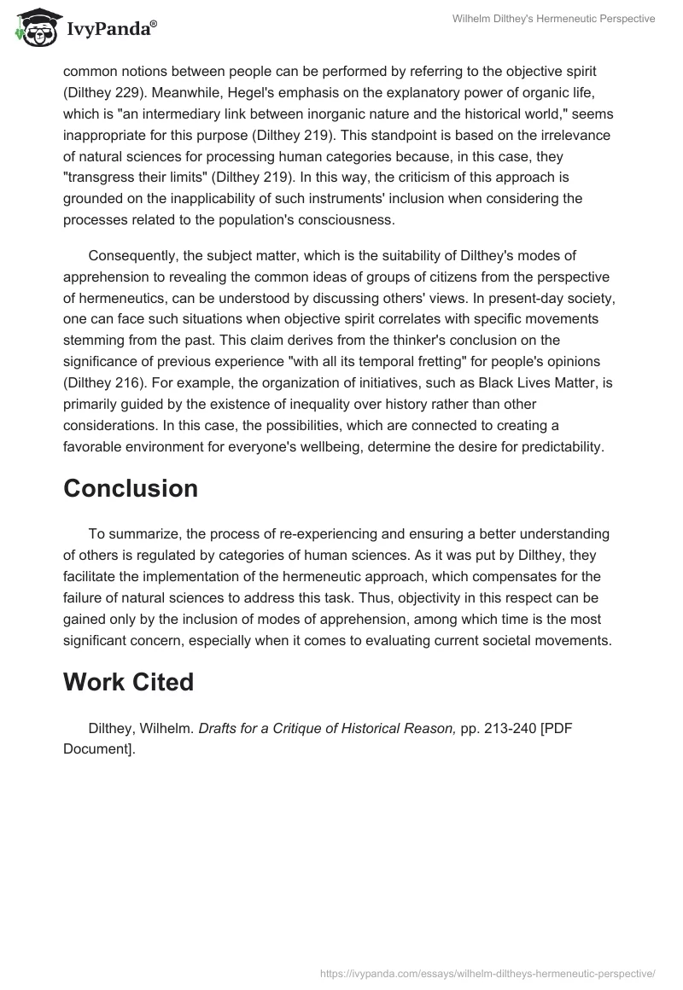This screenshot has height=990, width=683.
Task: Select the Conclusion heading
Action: coord(130,488)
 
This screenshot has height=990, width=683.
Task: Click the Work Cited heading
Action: coord(128,682)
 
